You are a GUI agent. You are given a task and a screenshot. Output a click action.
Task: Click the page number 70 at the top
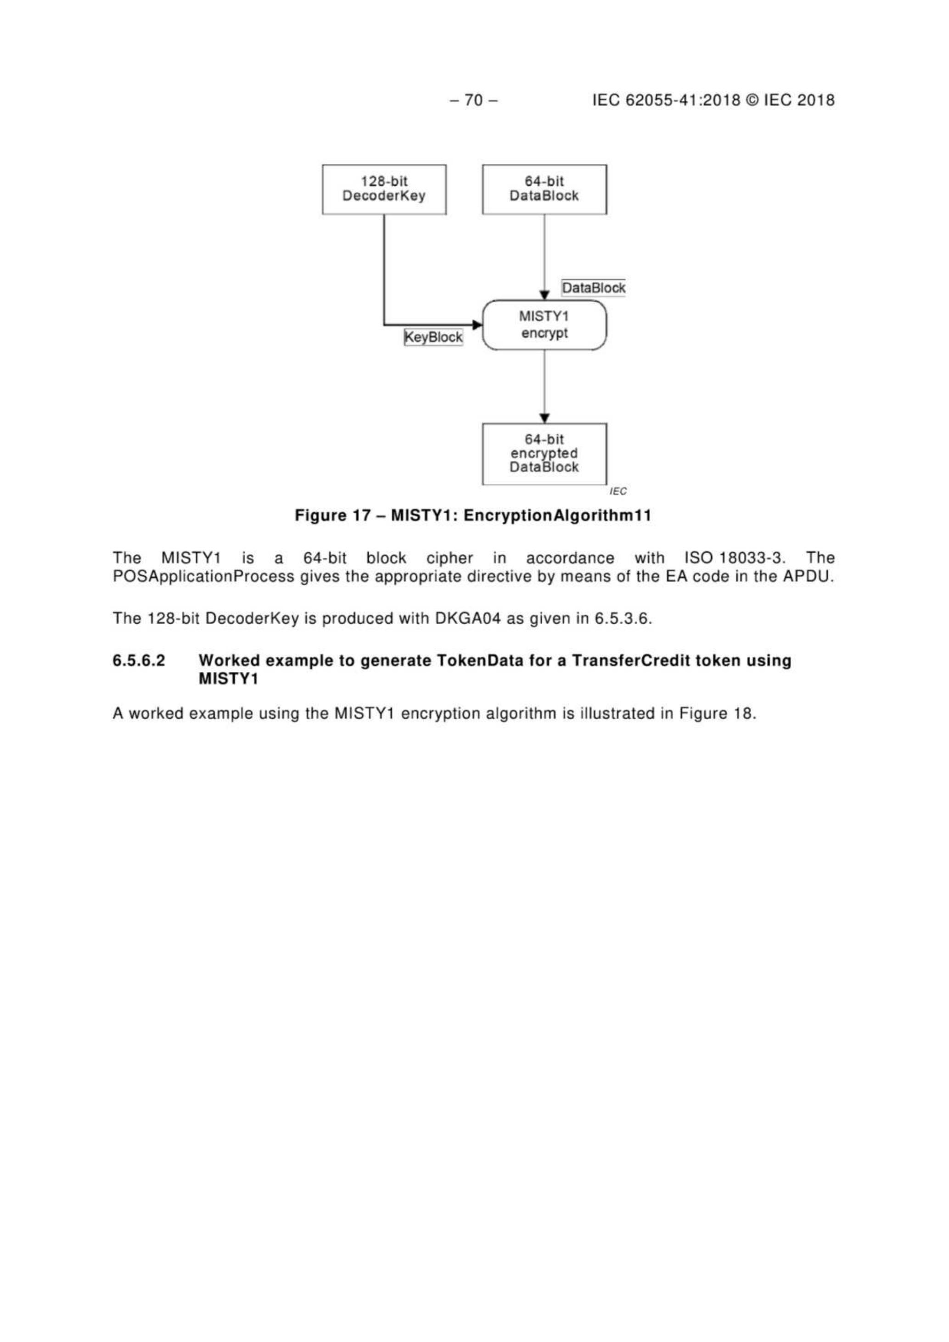(x=474, y=101)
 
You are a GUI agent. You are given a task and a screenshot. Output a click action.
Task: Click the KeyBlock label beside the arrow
(x=433, y=337)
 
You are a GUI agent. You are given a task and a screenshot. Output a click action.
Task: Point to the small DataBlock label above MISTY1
(x=594, y=288)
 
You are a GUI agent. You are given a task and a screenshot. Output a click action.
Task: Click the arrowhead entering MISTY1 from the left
(x=477, y=324)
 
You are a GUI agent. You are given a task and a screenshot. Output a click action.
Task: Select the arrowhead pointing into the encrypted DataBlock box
(x=545, y=419)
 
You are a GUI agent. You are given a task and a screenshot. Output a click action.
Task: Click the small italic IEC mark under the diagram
(x=618, y=492)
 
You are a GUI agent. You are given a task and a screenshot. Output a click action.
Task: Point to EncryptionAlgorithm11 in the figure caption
(x=556, y=515)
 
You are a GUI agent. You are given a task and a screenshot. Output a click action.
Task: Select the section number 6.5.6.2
(x=139, y=661)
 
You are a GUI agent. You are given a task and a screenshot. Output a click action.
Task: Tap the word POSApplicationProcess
(x=203, y=576)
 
